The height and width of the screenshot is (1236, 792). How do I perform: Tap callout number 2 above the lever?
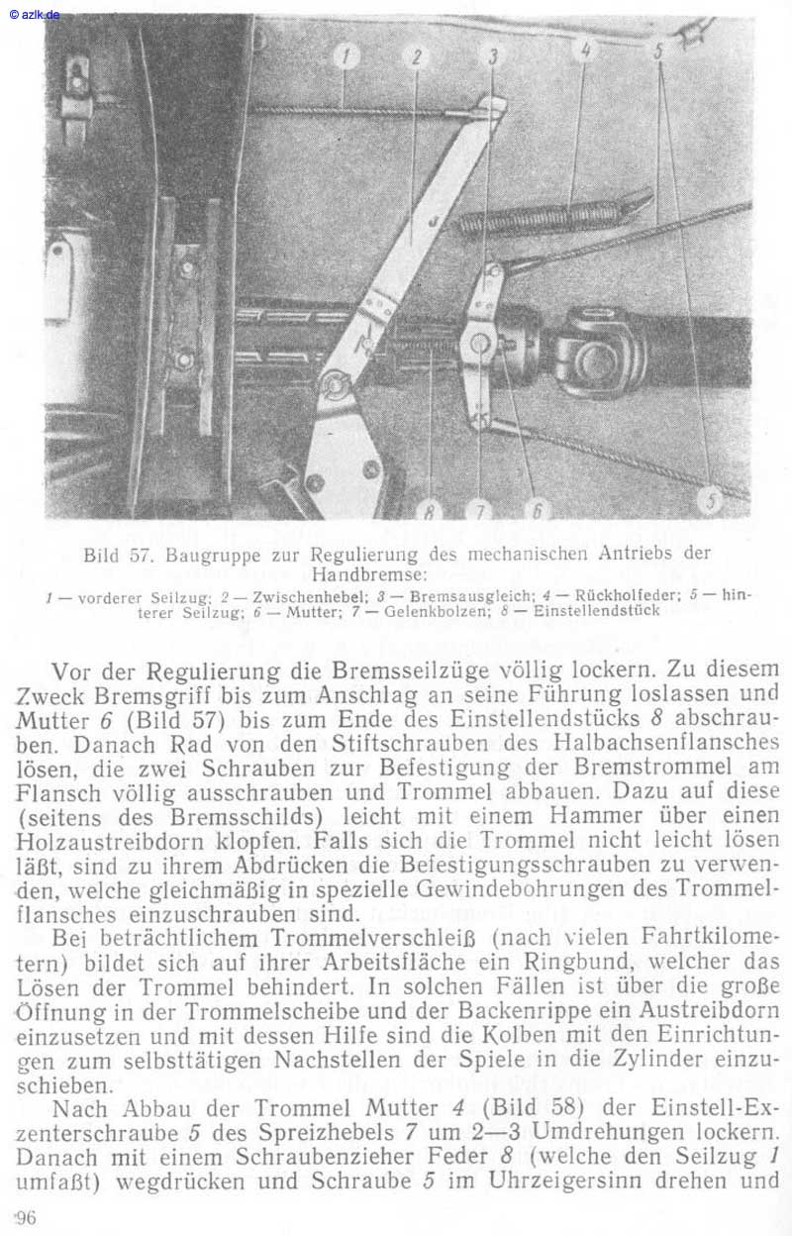416,57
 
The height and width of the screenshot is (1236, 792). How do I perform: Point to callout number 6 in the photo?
538,510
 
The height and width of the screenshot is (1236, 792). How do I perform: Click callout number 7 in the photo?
480,510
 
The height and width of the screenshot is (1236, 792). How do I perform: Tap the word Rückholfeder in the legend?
615,598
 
